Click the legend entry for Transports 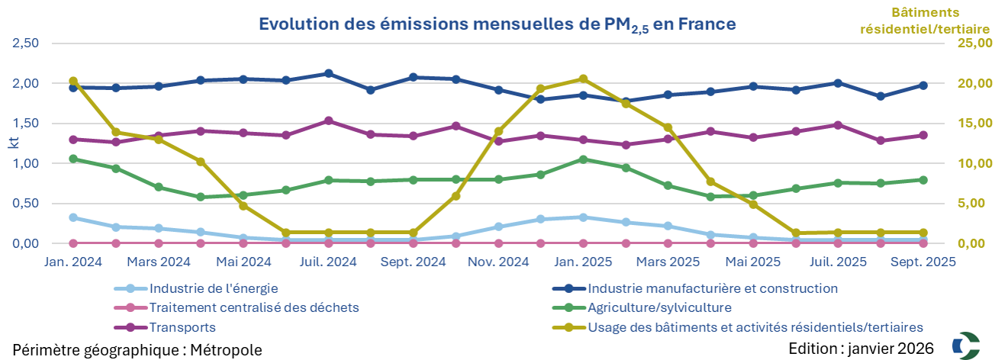coord(183,327)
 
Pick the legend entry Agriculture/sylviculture coord(659,308)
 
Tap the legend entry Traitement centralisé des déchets coord(254,308)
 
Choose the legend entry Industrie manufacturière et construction coord(712,288)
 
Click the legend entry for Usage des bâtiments coord(755,327)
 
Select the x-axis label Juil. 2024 coord(329,261)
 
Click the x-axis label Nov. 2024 coord(499,261)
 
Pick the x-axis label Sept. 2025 coord(923,261)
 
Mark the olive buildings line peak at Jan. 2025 coord(583,79)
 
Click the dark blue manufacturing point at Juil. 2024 coord(329,73)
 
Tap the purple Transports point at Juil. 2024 coord(329,121)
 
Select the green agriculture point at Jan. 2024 coord(73,159)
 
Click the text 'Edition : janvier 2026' coord(861,349)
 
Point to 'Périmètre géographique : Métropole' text coord(137,349)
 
